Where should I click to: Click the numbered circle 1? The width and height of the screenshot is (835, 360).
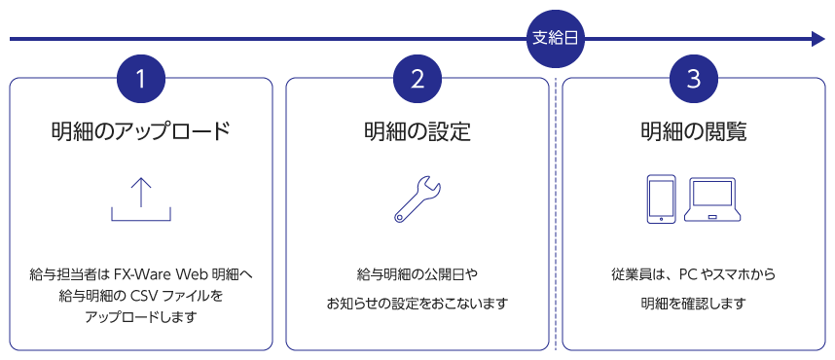(141, 80)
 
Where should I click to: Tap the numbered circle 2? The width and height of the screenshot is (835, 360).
(417, 80)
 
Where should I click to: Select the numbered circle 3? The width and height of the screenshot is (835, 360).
(694, 80)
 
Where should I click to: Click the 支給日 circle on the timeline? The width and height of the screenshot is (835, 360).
(556, 40)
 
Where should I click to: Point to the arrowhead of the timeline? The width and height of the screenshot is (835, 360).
(817, 40)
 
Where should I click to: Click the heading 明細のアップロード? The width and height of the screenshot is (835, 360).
(141, 131)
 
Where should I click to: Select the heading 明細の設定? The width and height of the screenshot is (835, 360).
(417, 131)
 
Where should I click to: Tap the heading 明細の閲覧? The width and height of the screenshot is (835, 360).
(694, 131)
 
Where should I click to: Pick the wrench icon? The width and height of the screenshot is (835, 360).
(417, 199)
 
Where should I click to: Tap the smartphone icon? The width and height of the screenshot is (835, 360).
(661, 199)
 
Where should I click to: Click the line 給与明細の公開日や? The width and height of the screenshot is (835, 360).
(417, 274)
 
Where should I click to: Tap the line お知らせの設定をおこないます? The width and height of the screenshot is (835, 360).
(417, 304)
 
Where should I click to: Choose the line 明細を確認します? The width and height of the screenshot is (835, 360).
(693, 304)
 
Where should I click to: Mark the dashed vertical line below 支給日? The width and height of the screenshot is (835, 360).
(556, 214)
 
